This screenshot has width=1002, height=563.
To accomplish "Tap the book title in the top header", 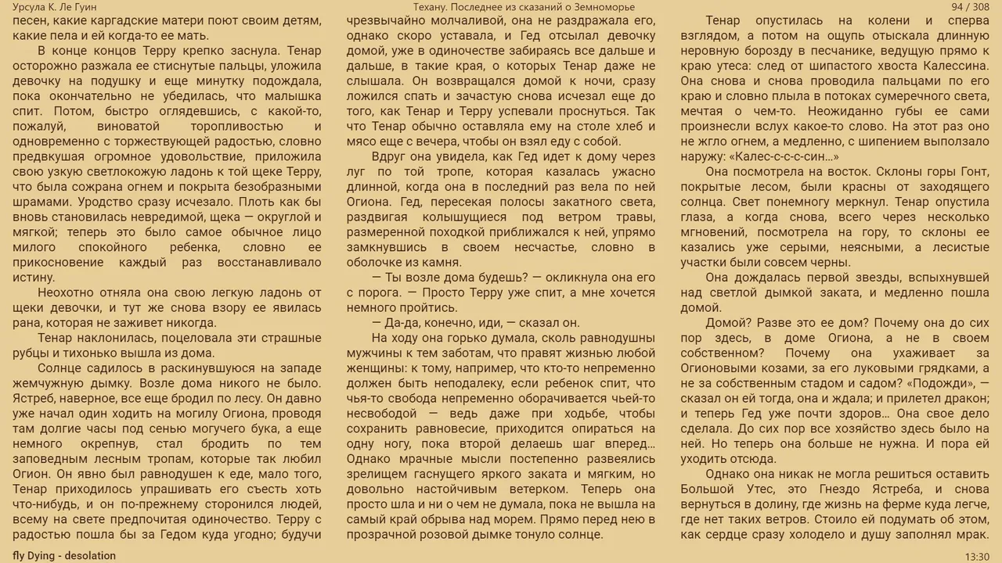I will pos(524,7).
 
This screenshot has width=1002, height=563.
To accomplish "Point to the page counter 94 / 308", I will pos(970,7).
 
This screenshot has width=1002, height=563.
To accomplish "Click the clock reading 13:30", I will pos(977,556).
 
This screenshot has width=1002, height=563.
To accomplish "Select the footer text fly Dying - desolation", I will pos(64,556).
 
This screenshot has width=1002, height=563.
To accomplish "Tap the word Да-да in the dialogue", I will pos(401,323).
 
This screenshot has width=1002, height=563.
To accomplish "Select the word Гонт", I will pos(975,171).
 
